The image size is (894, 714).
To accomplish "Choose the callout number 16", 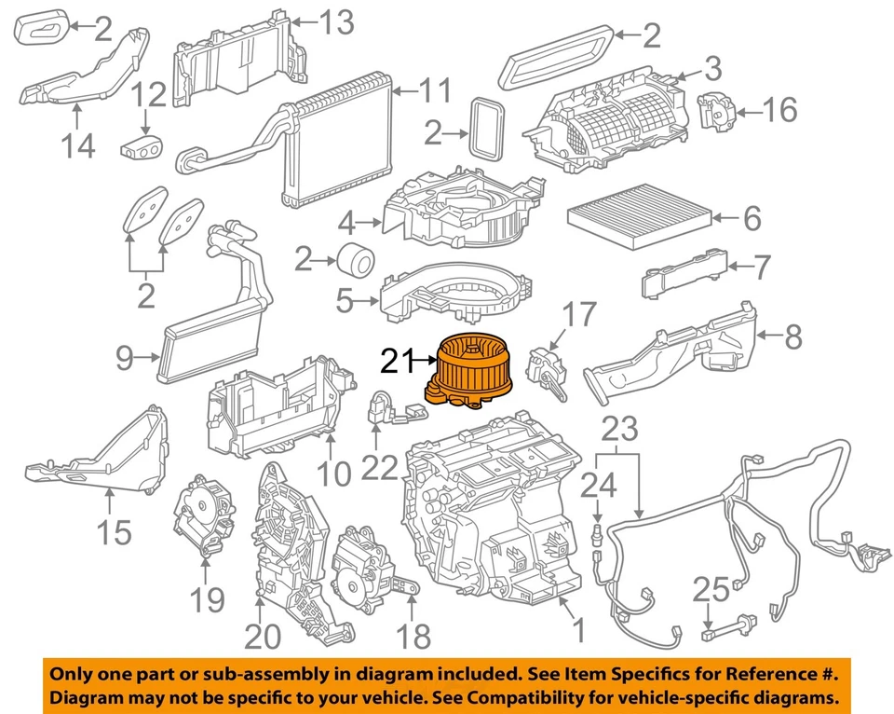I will coord(780,111).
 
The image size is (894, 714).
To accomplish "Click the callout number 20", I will coord(262,636).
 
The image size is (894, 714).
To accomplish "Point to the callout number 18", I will coord(413,636).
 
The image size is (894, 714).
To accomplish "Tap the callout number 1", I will coord(577,631).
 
